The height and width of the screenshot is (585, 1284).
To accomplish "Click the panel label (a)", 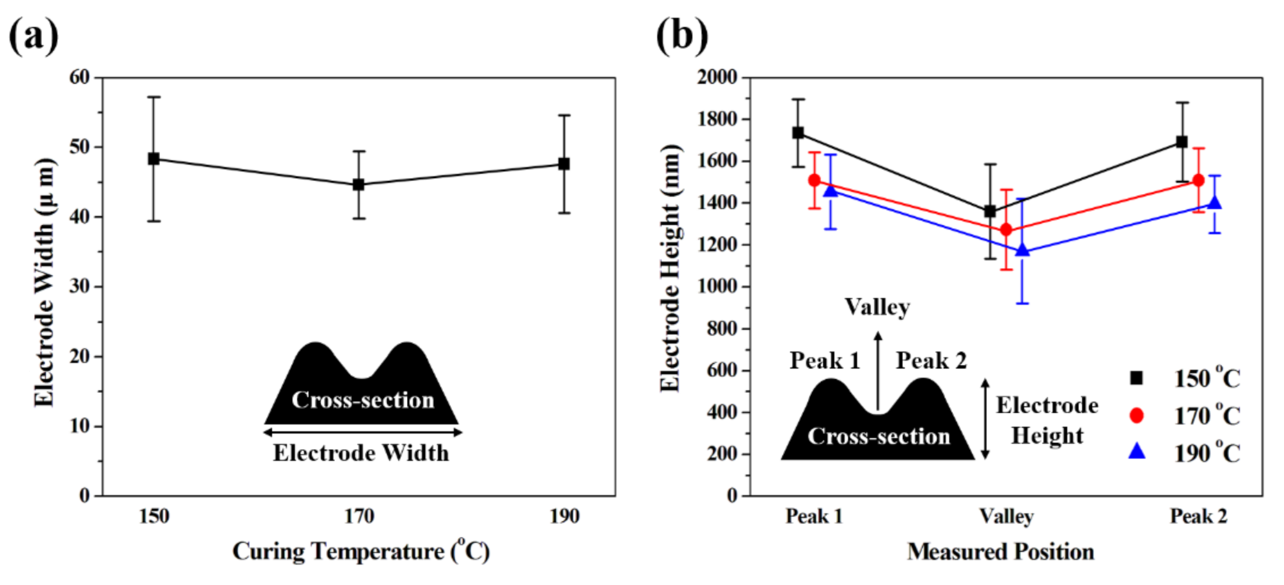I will [33, 35].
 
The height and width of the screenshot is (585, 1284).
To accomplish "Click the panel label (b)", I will [681, 35].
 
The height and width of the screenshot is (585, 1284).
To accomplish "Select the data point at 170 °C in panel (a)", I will [358, 184].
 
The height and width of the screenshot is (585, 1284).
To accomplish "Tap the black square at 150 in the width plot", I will [154, 159].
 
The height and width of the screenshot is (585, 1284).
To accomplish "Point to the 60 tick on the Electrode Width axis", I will [80, 77].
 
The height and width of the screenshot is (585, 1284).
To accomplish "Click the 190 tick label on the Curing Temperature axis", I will [564, 516].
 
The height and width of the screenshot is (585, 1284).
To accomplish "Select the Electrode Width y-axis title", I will [44, 283].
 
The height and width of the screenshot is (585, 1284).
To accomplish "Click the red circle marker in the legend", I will [1136, 416].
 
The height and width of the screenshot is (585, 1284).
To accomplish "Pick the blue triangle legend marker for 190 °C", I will [1136, 452].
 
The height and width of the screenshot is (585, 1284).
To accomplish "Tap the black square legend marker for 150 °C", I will [1136, 378].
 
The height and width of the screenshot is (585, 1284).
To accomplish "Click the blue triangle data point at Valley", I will [1022, 250].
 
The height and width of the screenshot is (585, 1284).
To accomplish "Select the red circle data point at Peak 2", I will [1198, 180].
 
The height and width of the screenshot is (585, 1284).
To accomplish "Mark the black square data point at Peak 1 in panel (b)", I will [798, 133].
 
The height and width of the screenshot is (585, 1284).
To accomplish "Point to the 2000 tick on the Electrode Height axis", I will [717, 77].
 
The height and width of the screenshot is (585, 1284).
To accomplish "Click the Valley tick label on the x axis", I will [1006, 516].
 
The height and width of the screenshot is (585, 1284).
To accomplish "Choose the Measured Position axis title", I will [1001, 552].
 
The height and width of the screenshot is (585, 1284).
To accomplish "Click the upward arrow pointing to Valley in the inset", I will [878, 371].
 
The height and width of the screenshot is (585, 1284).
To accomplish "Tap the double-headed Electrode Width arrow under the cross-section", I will [363, 432].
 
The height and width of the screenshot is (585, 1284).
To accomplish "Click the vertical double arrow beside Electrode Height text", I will [985, 419].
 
